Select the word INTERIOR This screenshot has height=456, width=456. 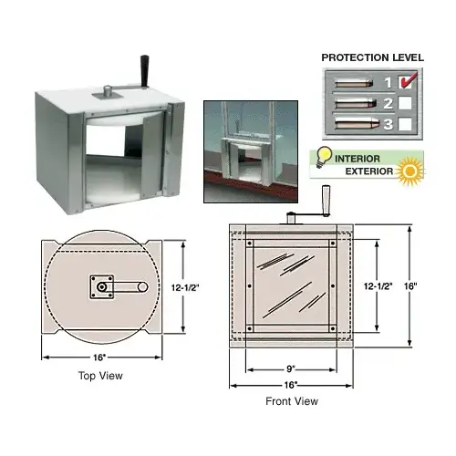[362, 156]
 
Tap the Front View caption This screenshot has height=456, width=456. [292, 400]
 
